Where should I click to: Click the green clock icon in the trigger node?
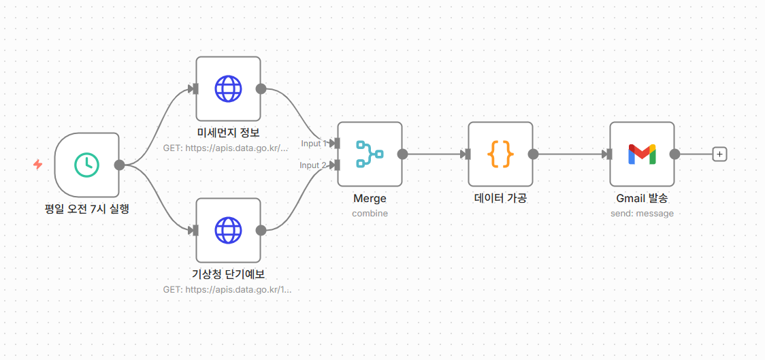[x=87, y=164]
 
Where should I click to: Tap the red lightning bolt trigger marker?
[x=37, y=165]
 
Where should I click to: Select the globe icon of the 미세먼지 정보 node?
[x=228, y=88]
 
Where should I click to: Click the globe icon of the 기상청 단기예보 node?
[x=228, y=230]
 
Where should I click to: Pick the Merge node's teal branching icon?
[x=370, y=154]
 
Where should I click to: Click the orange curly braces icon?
[x=500, y=154]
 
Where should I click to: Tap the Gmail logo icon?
[x=642, y=154]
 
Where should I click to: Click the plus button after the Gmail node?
[x=720, y=154]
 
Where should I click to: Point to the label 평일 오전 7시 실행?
[x=86, y=209]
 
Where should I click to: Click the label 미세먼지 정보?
[x=228, y=133]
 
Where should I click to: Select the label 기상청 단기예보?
[x=228, y=274]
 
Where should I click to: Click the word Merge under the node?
[x=370, y=199]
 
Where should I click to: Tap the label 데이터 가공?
[x=500, y=199]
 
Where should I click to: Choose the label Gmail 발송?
[x=642, y=199]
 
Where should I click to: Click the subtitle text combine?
[x=370, y=213]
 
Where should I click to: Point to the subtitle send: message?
[x=642, y=213]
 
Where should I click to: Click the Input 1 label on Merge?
[x=314, y=144]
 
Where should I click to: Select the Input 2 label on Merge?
[x=314, y=165]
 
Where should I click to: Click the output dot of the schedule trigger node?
[x=119, y=164]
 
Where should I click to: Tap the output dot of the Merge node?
[x=402, y=154]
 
